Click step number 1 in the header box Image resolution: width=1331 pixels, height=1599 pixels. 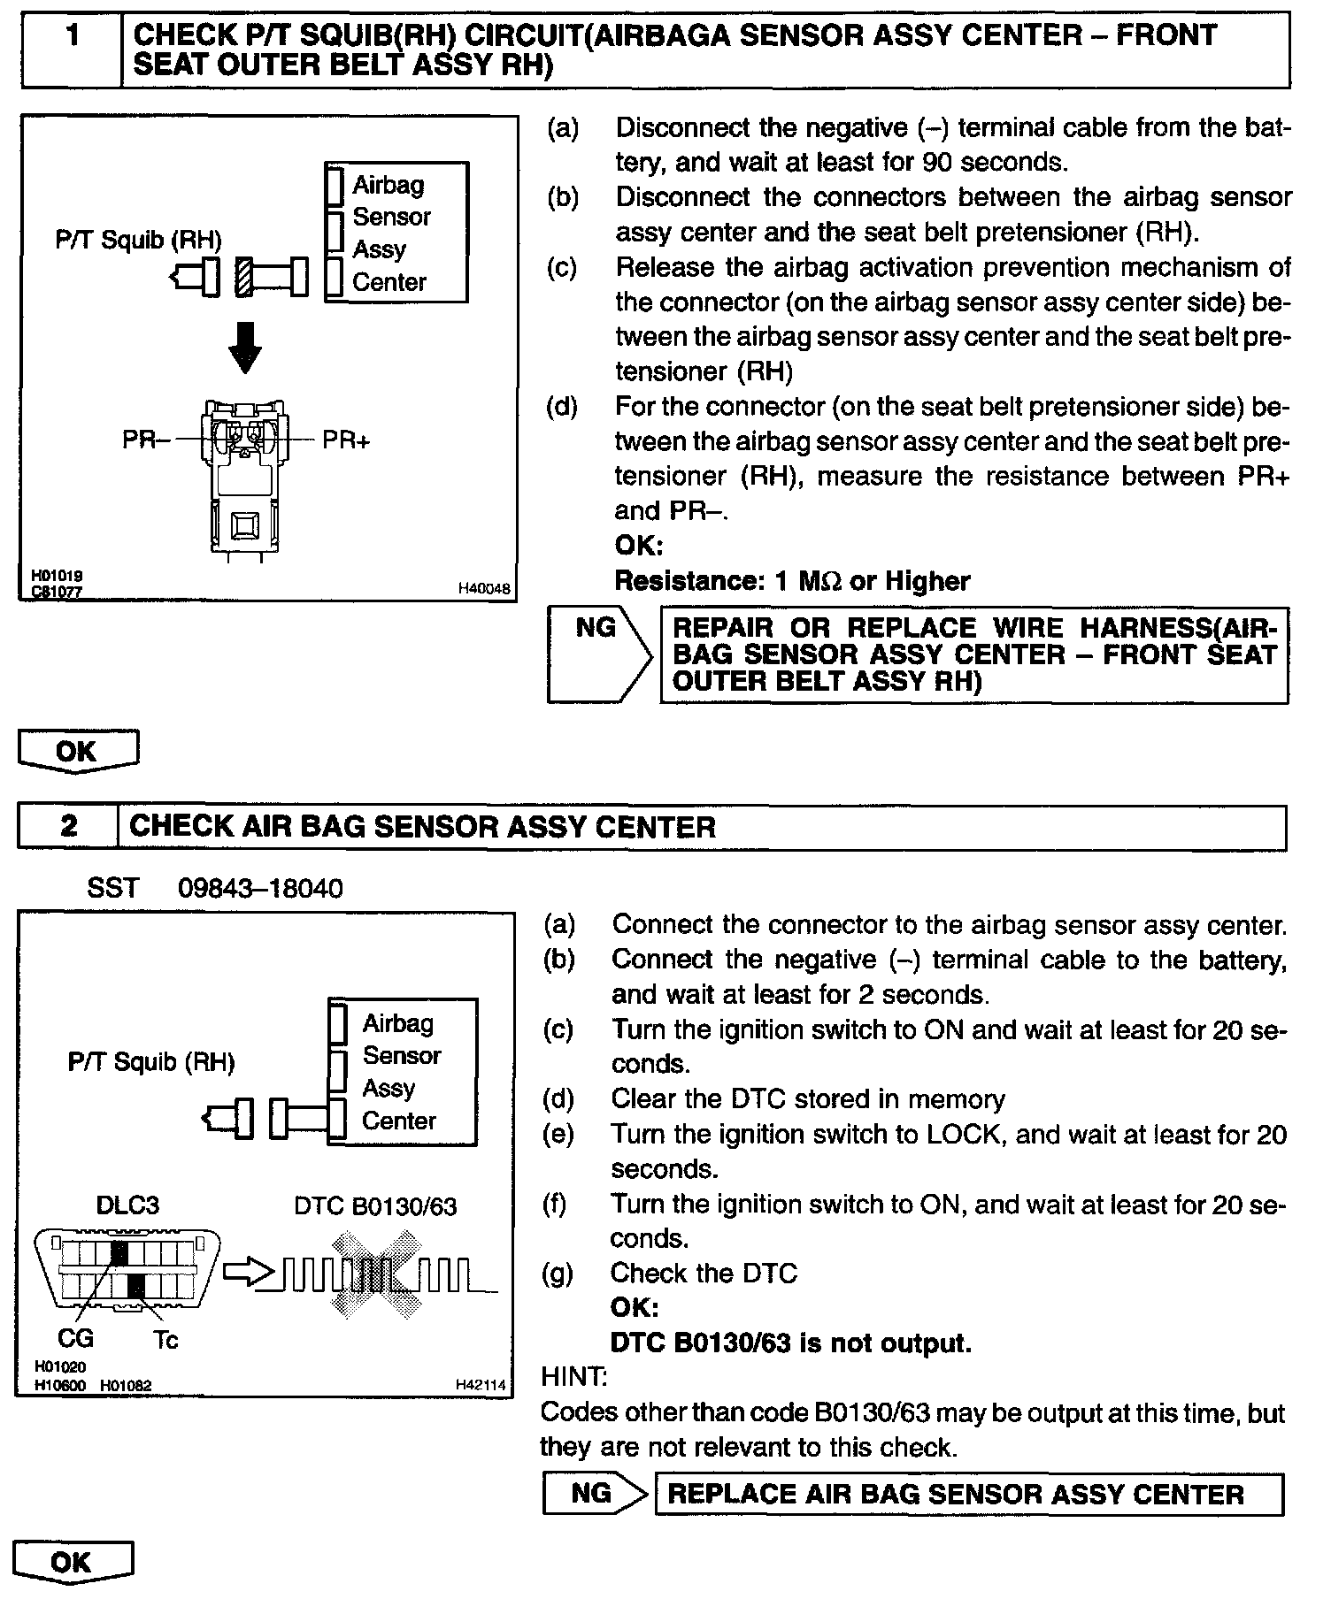[x=73, y=37]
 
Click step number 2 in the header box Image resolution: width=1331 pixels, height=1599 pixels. [x=69, y=826]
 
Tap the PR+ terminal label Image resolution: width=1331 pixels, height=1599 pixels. [x=346, y=440]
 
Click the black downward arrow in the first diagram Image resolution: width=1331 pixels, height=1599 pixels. [x=245, y=347]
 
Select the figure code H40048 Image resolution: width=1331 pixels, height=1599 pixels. [x=484, y=589]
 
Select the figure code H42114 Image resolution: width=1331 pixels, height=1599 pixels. [x=481, y=1385]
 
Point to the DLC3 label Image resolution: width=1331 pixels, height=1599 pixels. [x=127, y=1205]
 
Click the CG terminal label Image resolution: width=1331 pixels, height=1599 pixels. [x=75, y=1338]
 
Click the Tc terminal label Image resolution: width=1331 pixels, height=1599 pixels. [x=165, y=1340]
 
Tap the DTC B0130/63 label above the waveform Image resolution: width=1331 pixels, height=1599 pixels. [x=375, y=1206]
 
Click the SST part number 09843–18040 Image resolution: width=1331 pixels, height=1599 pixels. [x=260, y=888]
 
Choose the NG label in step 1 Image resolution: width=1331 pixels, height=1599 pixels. [x=595, y=628]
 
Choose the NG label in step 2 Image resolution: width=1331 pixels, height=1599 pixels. [x=591, y=1493]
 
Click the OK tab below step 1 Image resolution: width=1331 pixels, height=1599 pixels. [x=77, y=752]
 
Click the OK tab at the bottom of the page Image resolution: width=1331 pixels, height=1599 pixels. [x=72, y=1562]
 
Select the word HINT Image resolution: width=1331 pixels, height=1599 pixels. [x=573, y=1376]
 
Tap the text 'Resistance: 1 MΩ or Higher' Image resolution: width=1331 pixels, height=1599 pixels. [x=792, y=581]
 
